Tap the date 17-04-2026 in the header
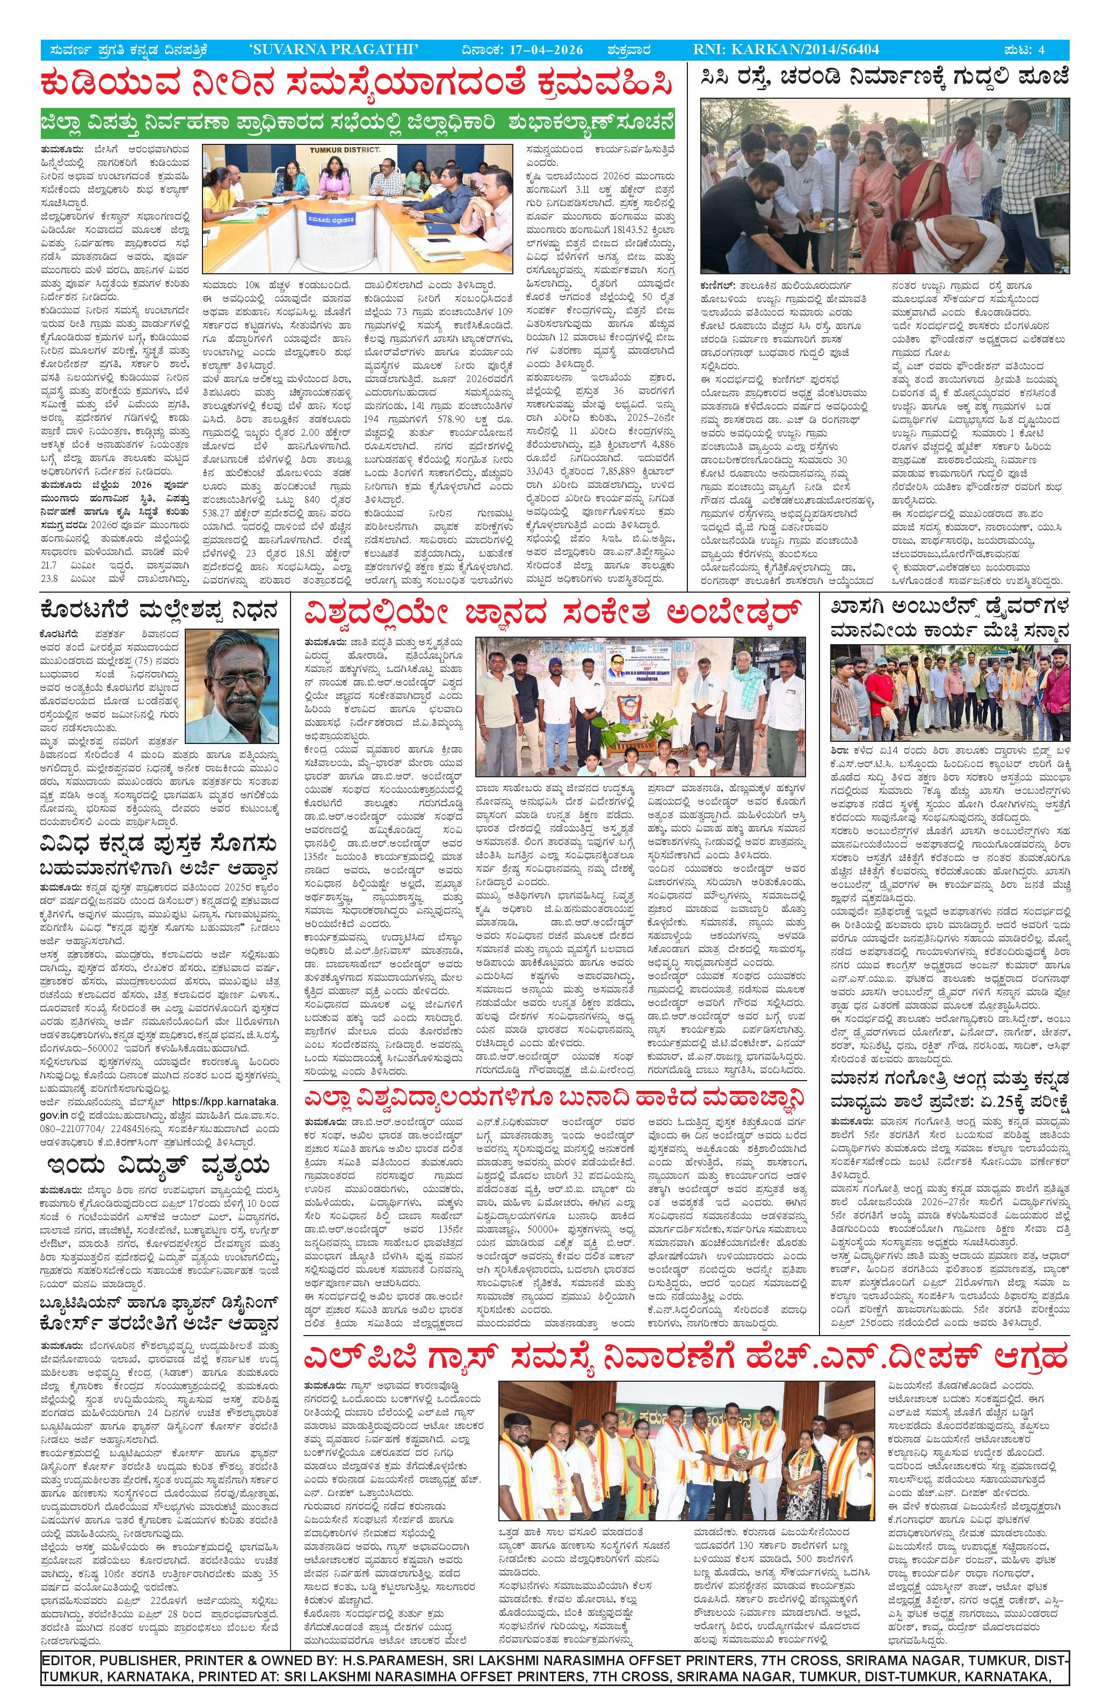coord(547,49)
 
